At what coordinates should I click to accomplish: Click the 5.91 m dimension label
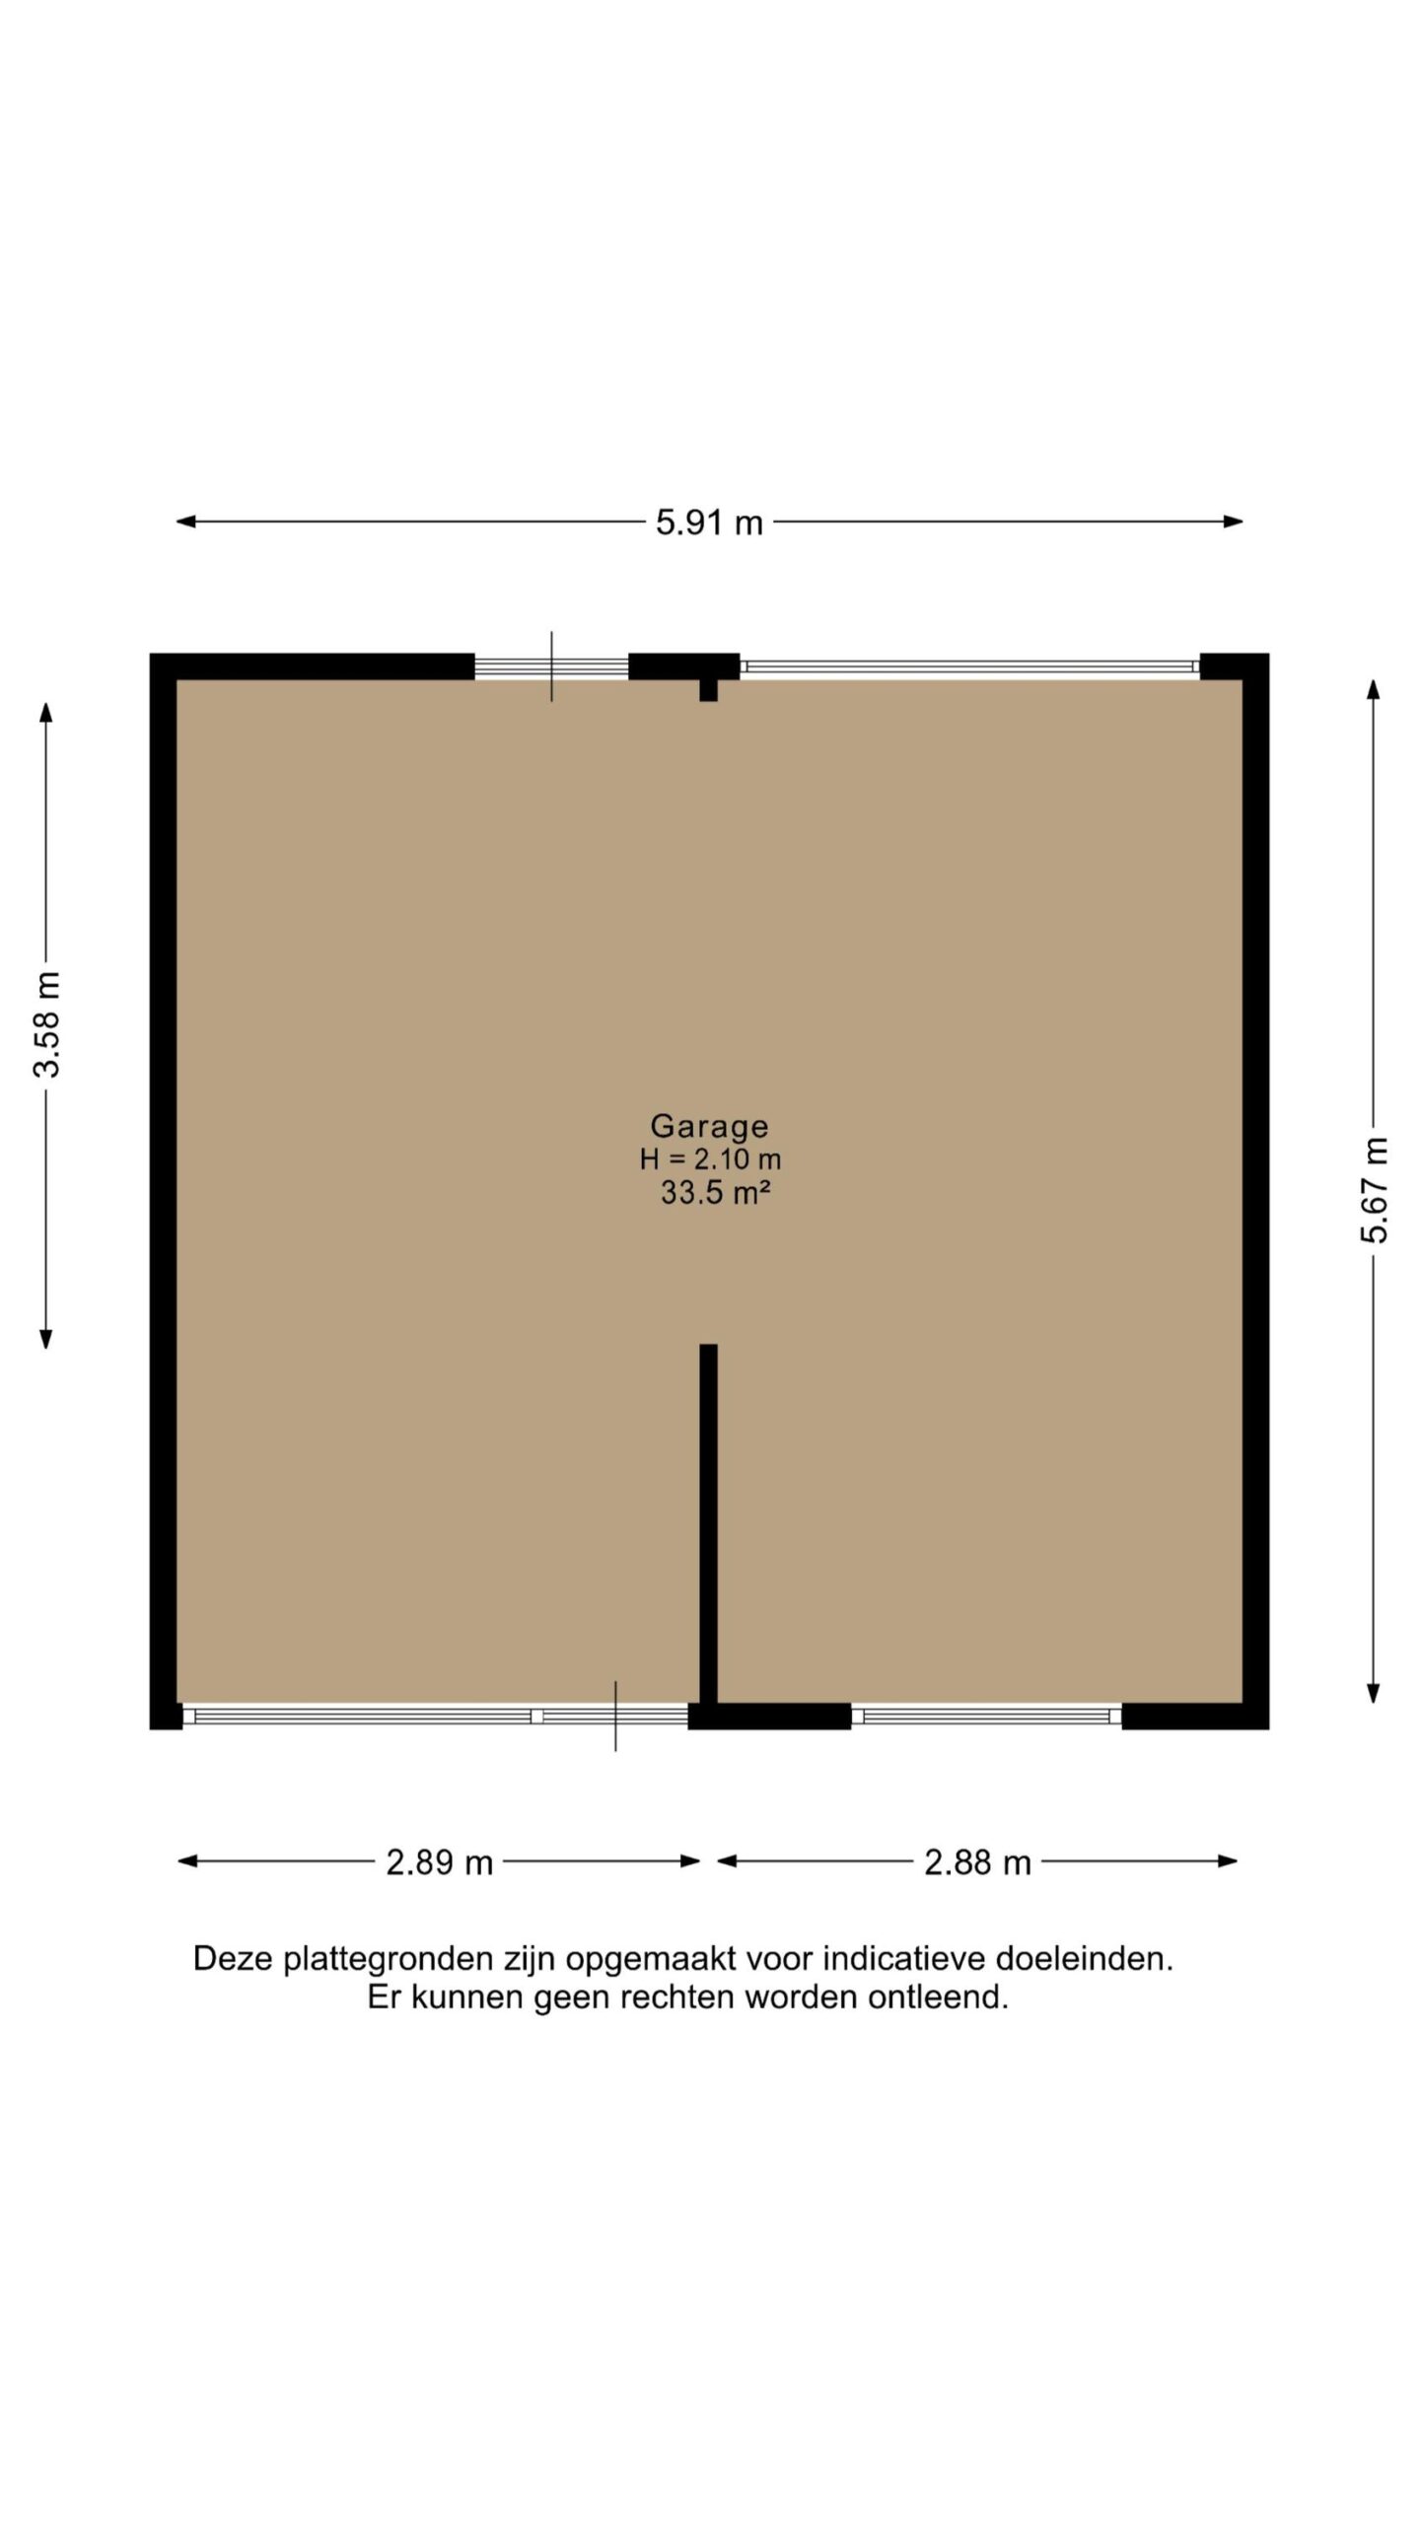[x=709, y=522]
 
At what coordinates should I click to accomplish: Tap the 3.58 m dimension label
[x=47, y=1023]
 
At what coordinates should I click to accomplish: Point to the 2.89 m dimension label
[x=439, y=1862]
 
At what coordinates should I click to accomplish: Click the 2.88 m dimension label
[x=977, y=1862]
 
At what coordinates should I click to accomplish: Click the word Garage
[x=709, y=1126]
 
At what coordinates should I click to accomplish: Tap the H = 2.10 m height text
[x=710, y=1159]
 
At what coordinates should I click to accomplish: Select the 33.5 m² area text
[x=715, y=1193]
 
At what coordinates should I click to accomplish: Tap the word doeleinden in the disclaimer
[x=1084, y=1958]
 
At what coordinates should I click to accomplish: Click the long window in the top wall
[x=969, y=666]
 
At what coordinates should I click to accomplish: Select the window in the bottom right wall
[x=986, y=1717]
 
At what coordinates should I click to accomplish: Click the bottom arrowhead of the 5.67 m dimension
[x=1373, y=1694]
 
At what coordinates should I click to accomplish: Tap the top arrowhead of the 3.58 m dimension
[x=45, y=712]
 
